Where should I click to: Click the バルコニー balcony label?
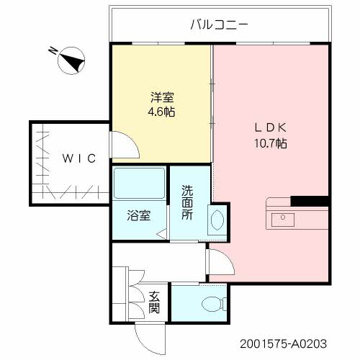tap(219, 24)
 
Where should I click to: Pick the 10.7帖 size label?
tap(271, 143)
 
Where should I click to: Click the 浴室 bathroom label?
tap(138, 215)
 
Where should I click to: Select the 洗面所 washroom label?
tap(187, 203)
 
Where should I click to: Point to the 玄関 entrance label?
tap(155, 302)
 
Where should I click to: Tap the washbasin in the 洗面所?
tap(216, 219)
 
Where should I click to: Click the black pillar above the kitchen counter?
tap(308, 200)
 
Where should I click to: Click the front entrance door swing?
tap(148, 333)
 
